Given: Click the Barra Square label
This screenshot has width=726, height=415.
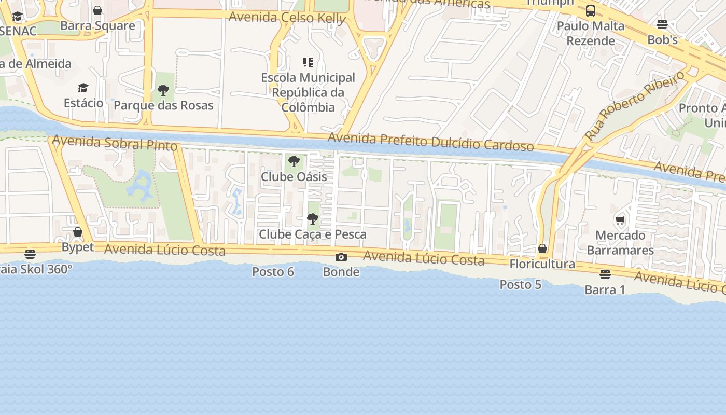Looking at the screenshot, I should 97,25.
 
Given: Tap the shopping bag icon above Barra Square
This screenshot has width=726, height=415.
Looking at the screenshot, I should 97,10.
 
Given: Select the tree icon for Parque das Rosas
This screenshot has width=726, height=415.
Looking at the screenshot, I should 163,90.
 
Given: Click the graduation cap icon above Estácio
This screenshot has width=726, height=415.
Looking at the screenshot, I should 83,88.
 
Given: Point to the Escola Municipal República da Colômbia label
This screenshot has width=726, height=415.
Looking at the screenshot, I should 308,92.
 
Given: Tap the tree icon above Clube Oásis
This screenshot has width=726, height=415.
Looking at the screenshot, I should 294,161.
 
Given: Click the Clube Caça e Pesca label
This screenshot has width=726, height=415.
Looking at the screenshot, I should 313,234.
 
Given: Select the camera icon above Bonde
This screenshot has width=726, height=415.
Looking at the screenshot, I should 341,257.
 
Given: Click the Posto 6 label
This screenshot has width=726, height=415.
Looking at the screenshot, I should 273,272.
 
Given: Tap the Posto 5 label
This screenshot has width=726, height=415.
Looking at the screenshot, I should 521,285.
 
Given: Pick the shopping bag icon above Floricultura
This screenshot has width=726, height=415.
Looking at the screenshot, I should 542,249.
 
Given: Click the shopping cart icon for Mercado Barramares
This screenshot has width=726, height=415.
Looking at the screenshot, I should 620,220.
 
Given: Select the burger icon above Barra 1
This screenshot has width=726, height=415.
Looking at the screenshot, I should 605,274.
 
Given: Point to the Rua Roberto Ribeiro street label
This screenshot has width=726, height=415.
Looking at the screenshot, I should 635,106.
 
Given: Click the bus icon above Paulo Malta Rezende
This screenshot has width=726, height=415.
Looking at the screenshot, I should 590,11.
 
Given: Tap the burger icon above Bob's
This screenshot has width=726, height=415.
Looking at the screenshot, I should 662,24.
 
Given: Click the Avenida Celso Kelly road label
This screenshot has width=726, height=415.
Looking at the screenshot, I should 287,18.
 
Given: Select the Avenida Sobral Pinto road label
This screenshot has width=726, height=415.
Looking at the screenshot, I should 115,143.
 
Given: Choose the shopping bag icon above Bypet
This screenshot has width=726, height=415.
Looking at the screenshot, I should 78,232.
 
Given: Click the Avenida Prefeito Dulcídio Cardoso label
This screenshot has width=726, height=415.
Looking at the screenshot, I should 430,142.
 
